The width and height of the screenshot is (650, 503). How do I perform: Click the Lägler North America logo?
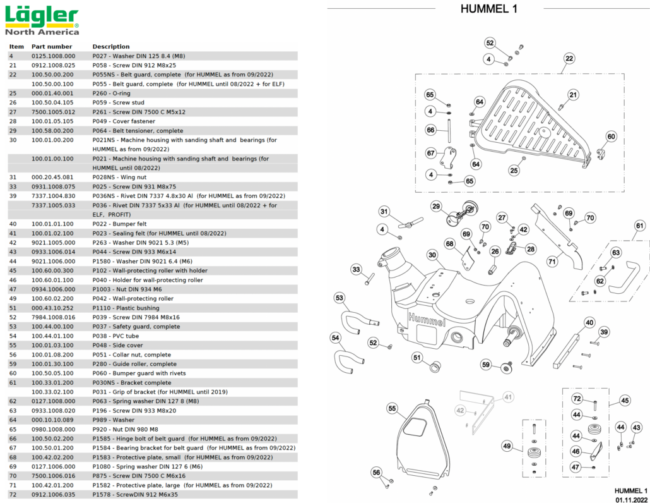[42, 20]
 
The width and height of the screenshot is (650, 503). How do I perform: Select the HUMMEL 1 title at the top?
[488, 8]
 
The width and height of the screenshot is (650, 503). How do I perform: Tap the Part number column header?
[52, 46]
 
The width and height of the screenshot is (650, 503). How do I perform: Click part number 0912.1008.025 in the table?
[53, 65]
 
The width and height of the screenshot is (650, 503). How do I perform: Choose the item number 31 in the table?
[13, 177]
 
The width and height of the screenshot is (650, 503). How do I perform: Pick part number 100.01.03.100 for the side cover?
[53, 346]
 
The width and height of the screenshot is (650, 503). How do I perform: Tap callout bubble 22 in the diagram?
[569, 59]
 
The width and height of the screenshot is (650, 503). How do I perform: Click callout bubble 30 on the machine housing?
[432, 255]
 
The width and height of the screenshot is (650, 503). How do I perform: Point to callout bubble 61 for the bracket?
[639, 226]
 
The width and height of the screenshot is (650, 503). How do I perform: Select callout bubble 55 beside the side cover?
[392, 409]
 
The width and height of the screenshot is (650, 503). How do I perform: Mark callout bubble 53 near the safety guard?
[340, 298]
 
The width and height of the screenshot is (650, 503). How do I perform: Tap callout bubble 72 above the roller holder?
[577, 399]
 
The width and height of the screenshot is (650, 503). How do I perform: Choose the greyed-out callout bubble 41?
[507, 397]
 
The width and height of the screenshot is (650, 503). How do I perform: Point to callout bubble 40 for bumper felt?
[589, 323]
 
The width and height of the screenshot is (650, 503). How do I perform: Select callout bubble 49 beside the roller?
[507, 446]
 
